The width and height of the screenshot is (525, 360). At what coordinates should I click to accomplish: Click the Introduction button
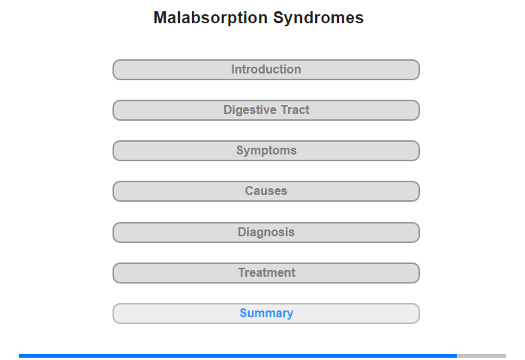(266, 70)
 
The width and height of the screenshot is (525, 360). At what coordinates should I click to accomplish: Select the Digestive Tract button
(266, 110)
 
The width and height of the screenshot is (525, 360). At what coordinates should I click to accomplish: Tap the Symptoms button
(266, 151)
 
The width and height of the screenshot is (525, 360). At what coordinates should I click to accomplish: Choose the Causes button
(266, 191)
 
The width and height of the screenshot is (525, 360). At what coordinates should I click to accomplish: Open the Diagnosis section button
(266, 232)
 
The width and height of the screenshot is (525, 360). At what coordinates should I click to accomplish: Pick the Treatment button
(266, 273)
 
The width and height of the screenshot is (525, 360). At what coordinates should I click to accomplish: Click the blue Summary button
(266, 313)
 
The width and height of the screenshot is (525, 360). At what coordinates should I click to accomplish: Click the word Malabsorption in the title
(210, 18)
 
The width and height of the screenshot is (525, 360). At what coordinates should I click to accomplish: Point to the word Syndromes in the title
(319, 18)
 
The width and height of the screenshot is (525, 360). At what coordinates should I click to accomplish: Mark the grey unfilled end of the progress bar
(481, 355)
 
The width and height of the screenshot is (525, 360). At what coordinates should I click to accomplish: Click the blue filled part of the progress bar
(238, 355)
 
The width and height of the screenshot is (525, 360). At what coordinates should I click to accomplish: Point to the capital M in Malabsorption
(160, 18)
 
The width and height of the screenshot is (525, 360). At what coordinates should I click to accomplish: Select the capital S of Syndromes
(279, 18)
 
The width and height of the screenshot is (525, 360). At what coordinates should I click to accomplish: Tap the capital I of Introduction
(233, 69)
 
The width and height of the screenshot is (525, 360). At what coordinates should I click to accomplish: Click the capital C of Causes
(250, 191)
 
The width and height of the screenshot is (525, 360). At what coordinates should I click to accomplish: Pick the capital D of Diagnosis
(242, 232)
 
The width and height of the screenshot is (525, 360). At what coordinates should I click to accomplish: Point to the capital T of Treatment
(242, 272)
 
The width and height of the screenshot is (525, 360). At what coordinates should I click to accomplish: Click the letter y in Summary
(289, 314)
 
